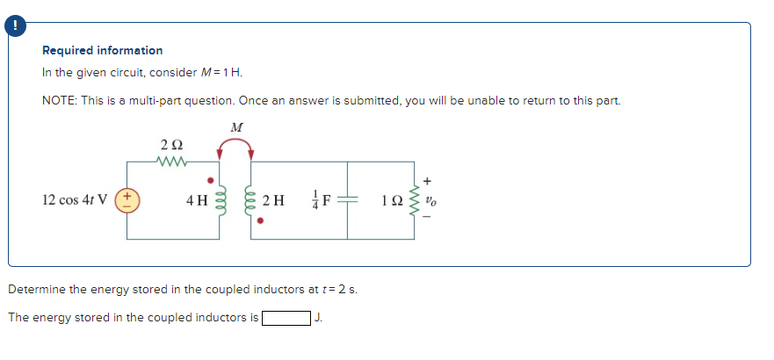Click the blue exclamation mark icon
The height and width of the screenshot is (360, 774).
coord(15,27)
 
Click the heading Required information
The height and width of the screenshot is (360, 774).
coord(102,51)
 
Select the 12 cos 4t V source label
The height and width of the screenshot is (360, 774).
coord(75,199)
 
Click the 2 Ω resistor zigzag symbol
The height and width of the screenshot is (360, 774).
coord(170,161)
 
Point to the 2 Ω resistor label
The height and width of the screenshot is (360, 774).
coord(170,145)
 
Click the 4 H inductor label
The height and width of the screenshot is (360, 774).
coord(197,200)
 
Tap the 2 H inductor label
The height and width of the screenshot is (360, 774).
coord(273,200)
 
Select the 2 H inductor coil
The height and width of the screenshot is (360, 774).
coord(251,200)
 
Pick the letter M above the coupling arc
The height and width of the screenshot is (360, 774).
coord(235,127)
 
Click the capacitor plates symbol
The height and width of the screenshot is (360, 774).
coord(349,200)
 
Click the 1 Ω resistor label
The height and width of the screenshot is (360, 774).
coord(392,200)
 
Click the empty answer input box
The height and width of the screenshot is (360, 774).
coord(286,318)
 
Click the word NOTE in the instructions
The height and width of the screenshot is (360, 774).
coord(59,100)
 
